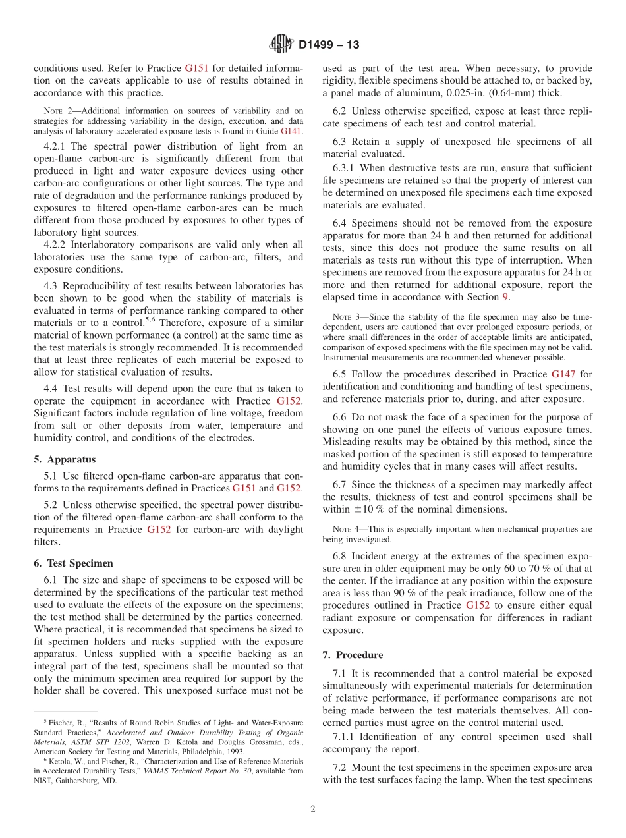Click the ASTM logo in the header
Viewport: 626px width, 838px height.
(x=281, y=44)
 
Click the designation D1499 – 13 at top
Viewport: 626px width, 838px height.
(x=329, y=45)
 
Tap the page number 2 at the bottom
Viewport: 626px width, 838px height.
(x=313, y=809)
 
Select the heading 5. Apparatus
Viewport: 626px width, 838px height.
(x=65, y=459)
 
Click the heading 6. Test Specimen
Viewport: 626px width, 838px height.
(x=73, y=563)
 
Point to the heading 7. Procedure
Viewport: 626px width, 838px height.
(x=353, y=655)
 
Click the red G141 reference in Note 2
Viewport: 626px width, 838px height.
(x=291, y=132)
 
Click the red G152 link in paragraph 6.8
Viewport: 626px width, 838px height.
(x=478, y=605)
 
